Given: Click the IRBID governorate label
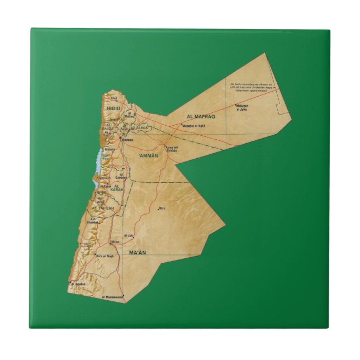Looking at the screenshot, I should [114, 108].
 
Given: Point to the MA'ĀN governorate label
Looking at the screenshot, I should [137, 253].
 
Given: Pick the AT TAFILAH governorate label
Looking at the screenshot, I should [103, 208].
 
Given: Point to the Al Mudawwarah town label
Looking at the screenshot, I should [112, 297].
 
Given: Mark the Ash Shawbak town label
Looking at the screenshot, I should [91, 220].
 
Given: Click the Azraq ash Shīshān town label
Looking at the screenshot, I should [170, 149].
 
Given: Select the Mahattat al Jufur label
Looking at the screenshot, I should [241, 108].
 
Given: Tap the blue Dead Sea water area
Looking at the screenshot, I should [98, 162].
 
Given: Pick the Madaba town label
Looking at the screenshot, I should [110, 149].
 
